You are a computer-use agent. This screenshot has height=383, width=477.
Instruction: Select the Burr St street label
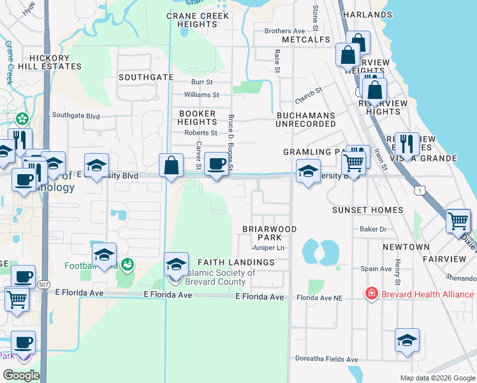[x=202, y=82]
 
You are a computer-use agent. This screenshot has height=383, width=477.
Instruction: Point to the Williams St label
[x=201, y=94]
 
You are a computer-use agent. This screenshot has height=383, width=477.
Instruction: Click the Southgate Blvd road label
[x=76, y=116]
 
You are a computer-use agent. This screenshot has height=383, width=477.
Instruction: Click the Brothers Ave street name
[x=284, y=31]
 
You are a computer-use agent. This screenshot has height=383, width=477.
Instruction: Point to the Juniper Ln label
[x=267, y=247]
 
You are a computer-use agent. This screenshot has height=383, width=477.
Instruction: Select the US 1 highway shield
[x=418, y=190]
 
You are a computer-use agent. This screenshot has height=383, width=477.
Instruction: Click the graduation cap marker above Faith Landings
[x=177, y=264]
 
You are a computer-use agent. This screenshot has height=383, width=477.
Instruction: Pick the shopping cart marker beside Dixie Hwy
[x=458, y=221]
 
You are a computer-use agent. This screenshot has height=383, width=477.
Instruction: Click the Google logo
[x=21, y=375]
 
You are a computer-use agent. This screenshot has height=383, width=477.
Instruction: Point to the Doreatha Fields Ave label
[x=327, y=359]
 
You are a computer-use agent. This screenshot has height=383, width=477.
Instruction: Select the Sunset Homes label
[x=367, y=210]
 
